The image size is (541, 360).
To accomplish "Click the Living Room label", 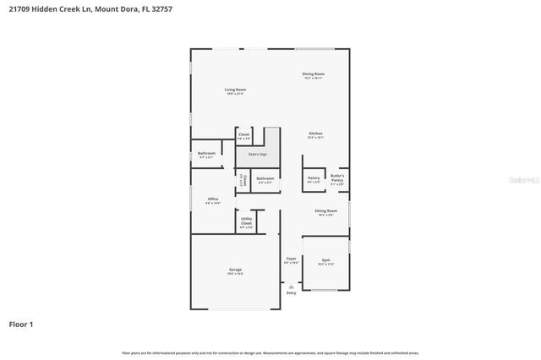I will click(235, 90).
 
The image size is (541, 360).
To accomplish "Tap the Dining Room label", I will click(314, 74).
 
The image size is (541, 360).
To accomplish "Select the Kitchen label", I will click(314, 134).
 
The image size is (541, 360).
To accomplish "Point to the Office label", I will click(212, 199).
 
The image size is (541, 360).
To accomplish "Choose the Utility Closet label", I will click(246, 221).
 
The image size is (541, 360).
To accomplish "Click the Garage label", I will click(235, 270).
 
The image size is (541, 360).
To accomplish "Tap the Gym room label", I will click(326, 260).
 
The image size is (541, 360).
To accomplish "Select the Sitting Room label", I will click(326, 210).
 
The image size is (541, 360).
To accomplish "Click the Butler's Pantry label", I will click(336, 178).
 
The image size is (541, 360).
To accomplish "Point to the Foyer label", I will click(291, 259).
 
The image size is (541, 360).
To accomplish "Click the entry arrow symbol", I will click(292, 286).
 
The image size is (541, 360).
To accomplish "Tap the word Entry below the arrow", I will click(292, 293).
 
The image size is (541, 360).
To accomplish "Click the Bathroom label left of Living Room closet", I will click(206, 153).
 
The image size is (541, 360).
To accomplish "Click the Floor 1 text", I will click(21, 324).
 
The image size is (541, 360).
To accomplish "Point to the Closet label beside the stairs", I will click(243, 134).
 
